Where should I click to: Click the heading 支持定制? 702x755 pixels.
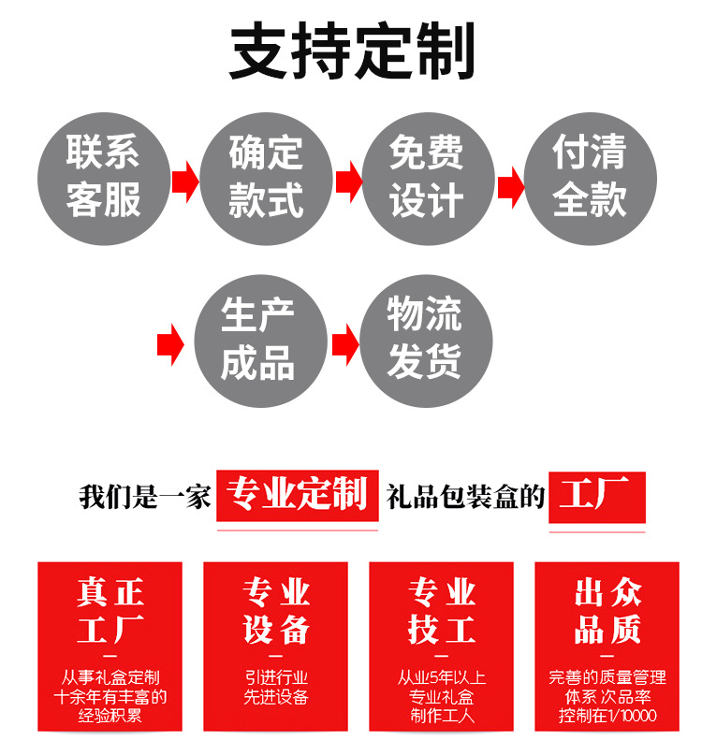(352, 51)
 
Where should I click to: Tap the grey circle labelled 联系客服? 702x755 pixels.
(103, 179)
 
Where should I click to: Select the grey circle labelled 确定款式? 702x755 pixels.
(266, 179)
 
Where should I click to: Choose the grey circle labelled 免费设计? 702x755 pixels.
(428, 179)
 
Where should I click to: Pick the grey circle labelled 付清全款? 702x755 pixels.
(590, 179)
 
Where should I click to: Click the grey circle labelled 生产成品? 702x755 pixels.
(259, 340)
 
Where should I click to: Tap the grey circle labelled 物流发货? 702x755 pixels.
(426, 340)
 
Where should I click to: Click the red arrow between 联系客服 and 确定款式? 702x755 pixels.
(184, 181)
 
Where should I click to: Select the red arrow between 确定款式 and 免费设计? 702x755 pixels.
(347, 181)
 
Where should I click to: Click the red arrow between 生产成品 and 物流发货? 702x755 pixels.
(344, 343)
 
